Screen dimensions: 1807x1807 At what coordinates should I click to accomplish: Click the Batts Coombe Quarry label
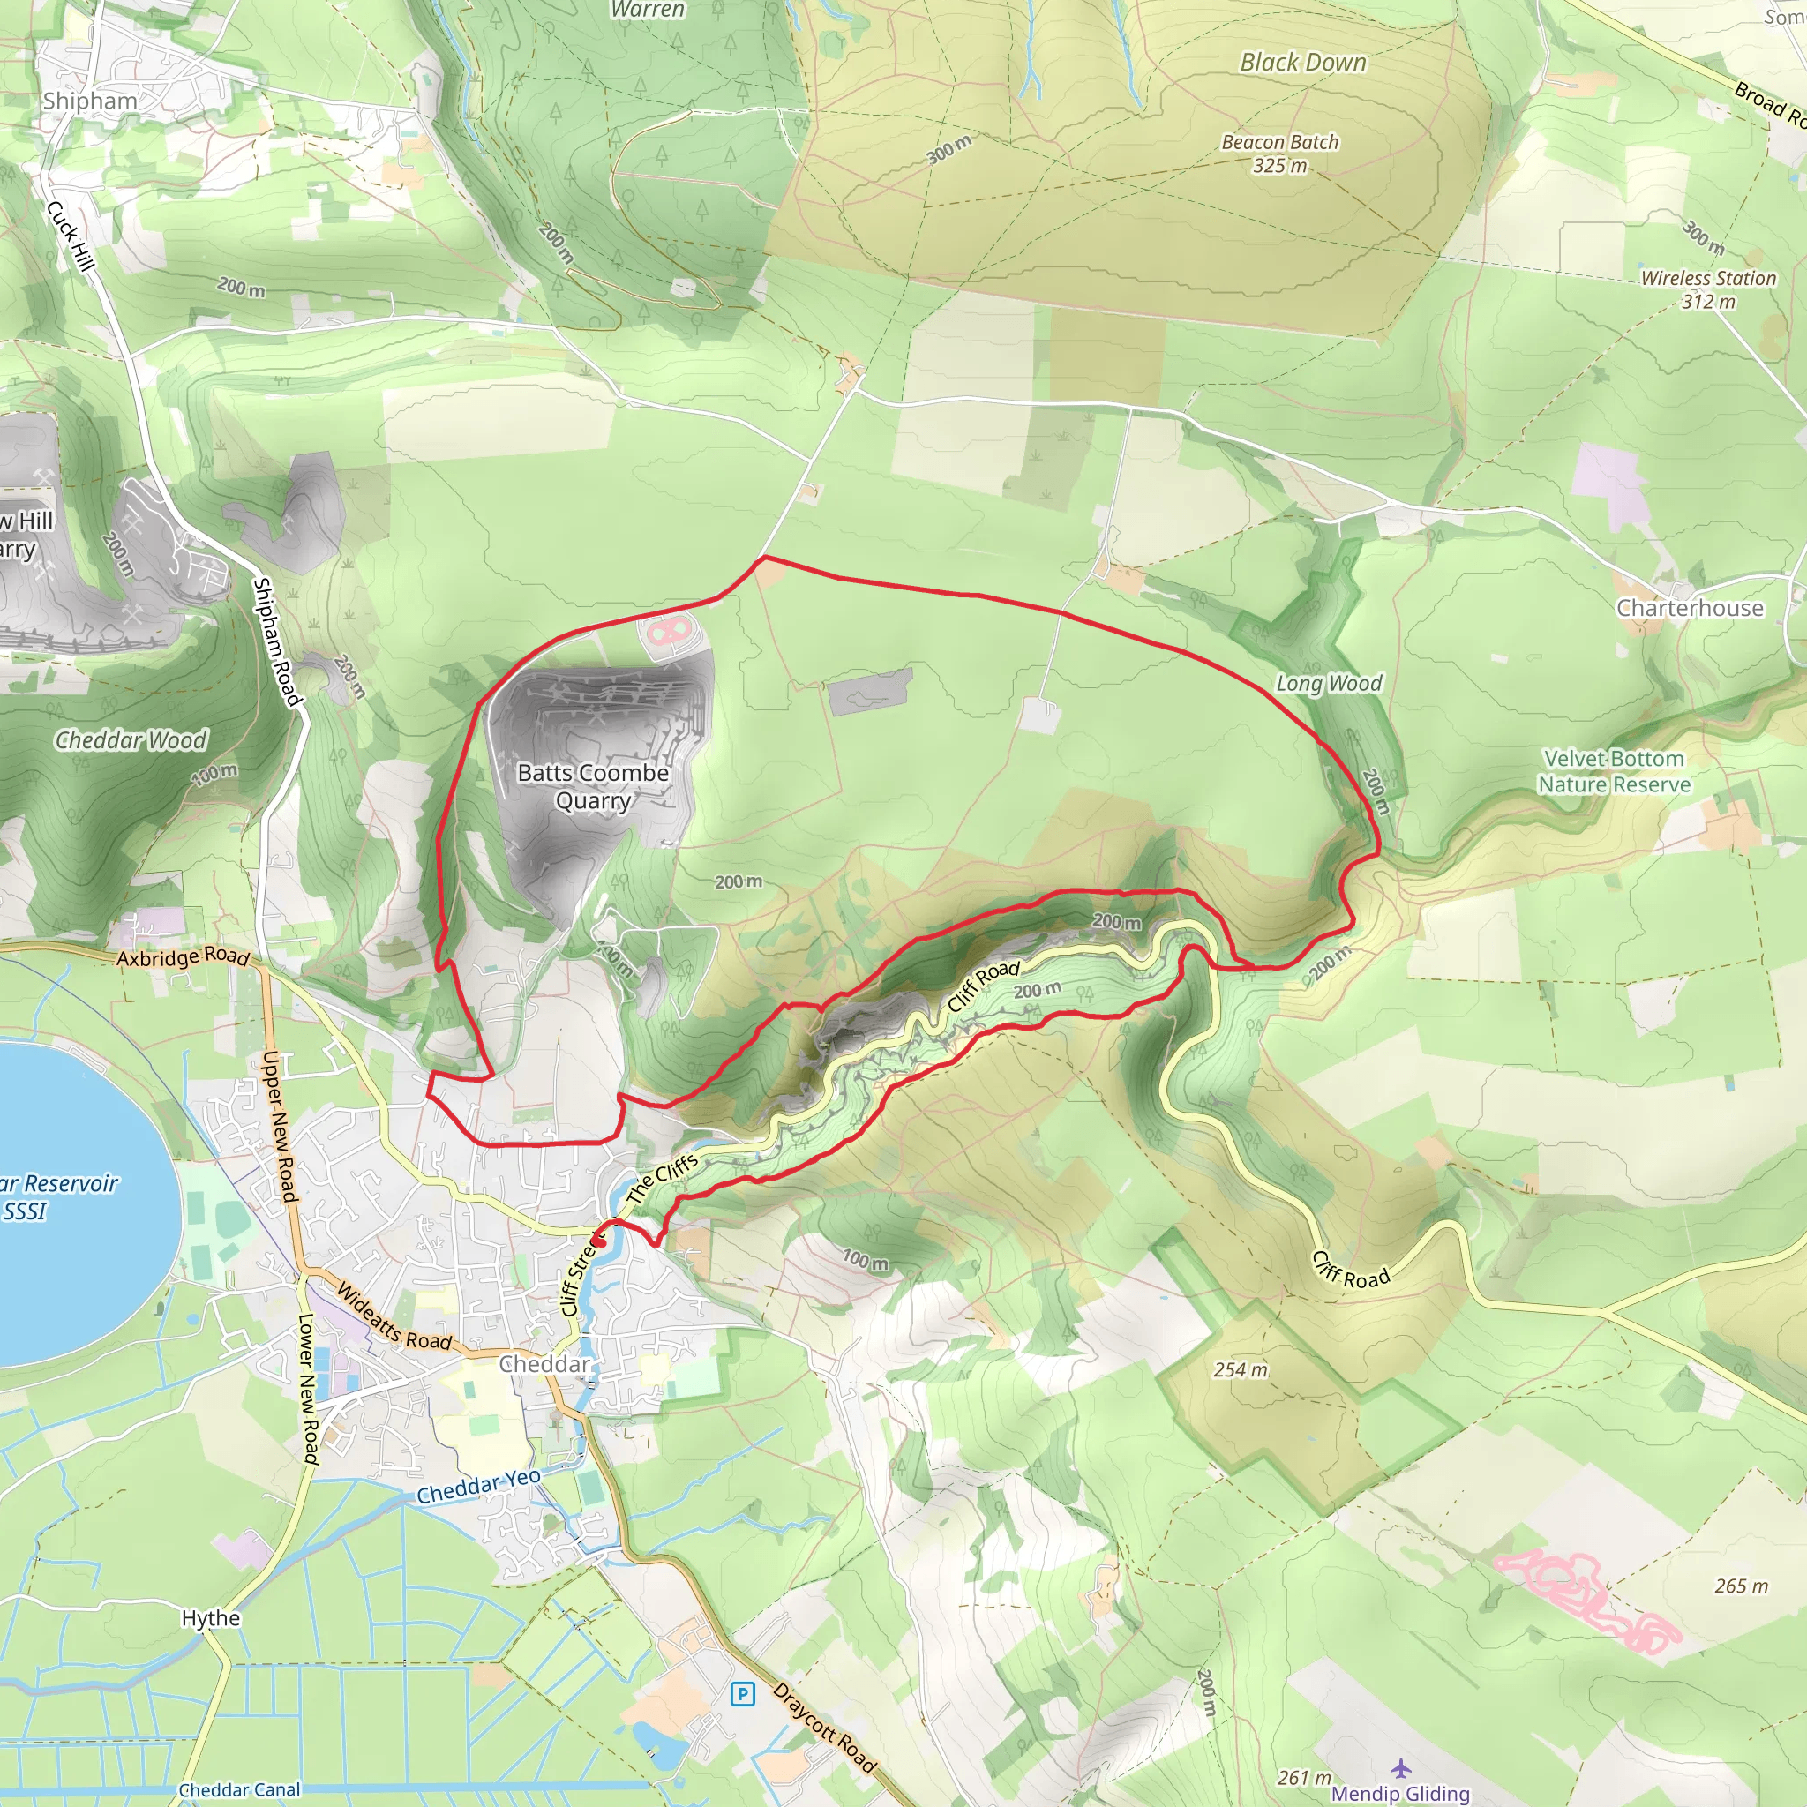(x=593, y=786)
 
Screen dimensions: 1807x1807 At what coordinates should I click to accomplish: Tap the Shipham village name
(x=90, y=101)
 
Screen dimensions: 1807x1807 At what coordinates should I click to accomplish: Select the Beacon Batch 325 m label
(x=1279, y=154)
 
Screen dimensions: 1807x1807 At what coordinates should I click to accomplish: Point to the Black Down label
(x=1303, y=63)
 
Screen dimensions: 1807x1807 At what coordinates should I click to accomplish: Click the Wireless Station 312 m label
(x=1708, y=289)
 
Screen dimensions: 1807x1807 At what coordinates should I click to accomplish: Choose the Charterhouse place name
(x=1689, y=608)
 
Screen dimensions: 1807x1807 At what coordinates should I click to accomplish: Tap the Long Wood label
(x=1329, y=684)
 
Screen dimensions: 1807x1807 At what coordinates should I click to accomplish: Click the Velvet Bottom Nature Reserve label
(x=1614, y=772)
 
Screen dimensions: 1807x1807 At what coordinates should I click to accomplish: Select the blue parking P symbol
(x=743, y=1694)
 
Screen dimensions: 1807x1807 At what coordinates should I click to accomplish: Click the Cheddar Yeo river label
(x=478, y=1486)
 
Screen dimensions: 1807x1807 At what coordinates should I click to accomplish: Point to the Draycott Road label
(x=824, y=1728)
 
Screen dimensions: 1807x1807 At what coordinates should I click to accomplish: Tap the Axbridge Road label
(x=184, y=956)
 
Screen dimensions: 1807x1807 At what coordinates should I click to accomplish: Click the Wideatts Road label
(x=394, y=1317)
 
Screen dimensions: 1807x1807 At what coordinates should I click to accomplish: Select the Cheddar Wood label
(x=131, y=739)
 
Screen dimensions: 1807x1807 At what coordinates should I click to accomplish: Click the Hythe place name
(x=211, y=1618)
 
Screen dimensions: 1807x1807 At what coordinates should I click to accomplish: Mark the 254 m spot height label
(x=1241, y=1370)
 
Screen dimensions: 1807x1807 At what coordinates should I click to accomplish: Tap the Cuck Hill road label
(x=71, y=236)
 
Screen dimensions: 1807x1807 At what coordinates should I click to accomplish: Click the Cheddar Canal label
(x=239, y=1789)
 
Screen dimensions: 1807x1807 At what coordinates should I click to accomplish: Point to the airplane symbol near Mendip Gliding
(x=1400, y=1767)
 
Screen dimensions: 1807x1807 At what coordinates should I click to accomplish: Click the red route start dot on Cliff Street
(x=598, y=1242)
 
